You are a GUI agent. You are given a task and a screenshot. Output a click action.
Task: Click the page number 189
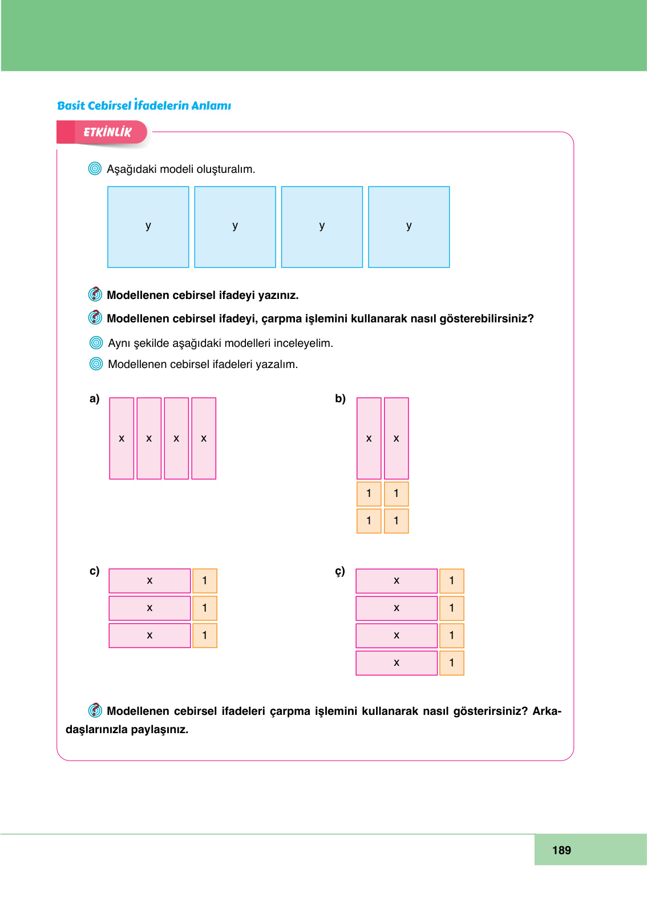point(561,850)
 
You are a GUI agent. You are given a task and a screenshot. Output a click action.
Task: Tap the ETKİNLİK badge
point(107,132)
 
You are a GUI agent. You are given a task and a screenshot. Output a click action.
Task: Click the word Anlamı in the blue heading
point(211,106)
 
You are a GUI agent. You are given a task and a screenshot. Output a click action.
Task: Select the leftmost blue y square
point(148,227)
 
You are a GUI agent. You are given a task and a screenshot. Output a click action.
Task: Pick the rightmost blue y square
point(409,227)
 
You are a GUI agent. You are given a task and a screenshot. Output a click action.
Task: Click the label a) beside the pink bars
point(94,399)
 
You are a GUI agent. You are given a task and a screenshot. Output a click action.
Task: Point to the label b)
point(340,399)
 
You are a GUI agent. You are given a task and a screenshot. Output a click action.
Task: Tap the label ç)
point(340,571)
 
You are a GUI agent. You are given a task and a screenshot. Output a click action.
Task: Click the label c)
point(94,571)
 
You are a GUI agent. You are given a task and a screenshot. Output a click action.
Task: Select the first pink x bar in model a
point(122,438)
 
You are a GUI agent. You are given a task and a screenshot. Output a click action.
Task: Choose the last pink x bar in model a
point(204,438)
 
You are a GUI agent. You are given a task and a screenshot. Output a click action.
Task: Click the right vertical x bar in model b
point(396,438)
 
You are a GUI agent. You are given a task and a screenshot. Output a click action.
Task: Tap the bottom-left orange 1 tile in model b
point(369,521)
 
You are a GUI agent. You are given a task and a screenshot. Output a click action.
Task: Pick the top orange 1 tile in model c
point(205,581)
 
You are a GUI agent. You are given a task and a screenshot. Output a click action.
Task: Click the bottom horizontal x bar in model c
point(149,636)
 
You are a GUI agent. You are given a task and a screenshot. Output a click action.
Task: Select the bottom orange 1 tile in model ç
point(452,663)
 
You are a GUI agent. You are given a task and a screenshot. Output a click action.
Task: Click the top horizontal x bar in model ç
point(397,581)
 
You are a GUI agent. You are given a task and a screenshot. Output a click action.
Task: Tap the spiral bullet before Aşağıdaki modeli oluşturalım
point(95,169)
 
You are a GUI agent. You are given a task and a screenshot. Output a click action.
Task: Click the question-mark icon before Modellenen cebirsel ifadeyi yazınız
point(95,294)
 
